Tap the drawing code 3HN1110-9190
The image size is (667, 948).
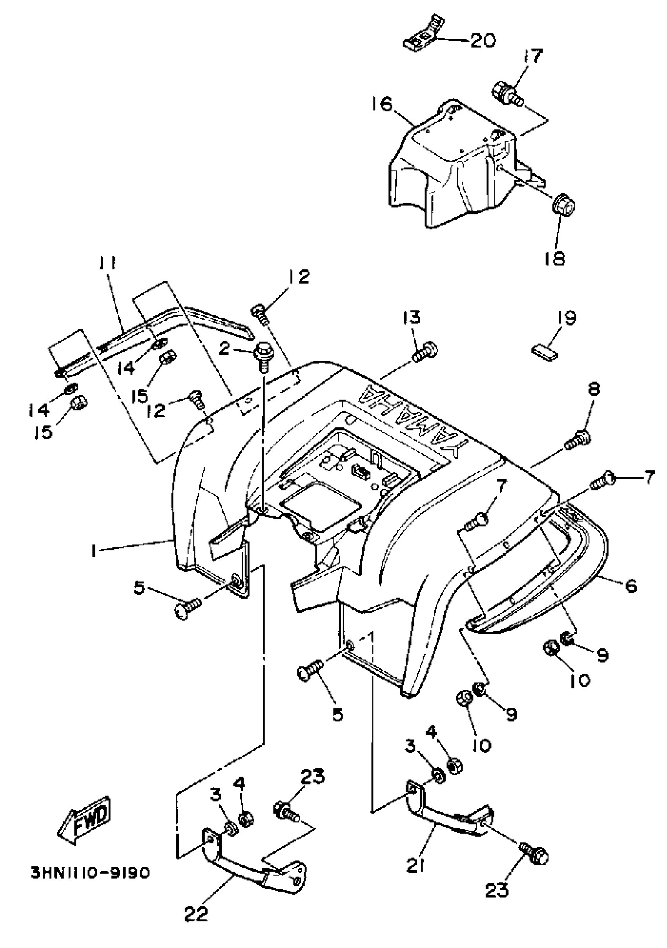coord(90,873)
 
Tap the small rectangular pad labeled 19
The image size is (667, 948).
coord(544,352)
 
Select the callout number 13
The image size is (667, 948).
coord(412,317)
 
